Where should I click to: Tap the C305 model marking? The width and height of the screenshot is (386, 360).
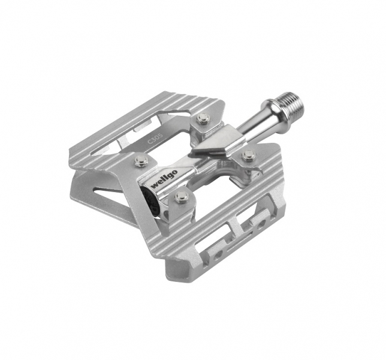pos(155,139)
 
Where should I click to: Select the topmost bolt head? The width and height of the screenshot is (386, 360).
pos(203,118)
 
